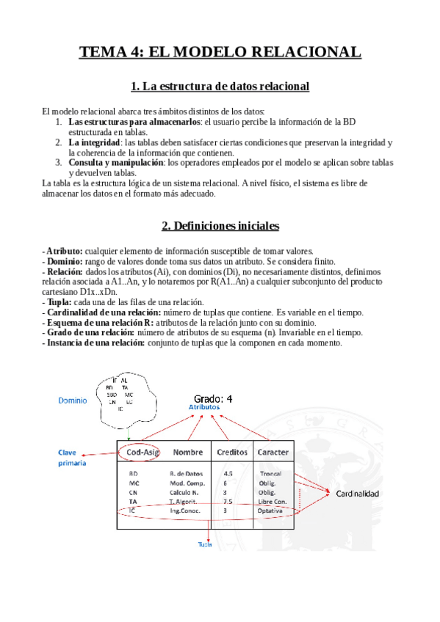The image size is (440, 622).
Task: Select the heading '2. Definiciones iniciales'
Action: click(220, 225)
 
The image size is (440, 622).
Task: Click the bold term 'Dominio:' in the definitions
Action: click(65, 261)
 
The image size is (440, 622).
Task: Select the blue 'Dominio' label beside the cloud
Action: click(73, 401)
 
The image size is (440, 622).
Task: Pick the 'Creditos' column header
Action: click(231, 452)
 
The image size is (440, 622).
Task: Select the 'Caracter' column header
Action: click(273, 452)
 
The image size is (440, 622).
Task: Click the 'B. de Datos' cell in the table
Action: click(187, 475)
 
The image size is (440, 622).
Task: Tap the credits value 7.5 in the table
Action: click(228, 501)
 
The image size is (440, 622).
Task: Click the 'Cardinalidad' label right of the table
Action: click(358, 494)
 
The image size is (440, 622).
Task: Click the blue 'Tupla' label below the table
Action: click(206, 544)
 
